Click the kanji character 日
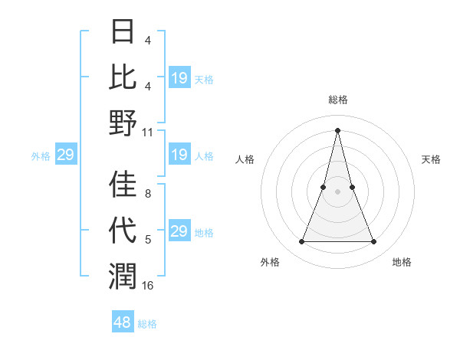(x=123, y=31)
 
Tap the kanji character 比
(x=123, y=77)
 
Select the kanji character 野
(x=123, y=123)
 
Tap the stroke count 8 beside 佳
(x=147, y=194)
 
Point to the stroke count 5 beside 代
(x=147, y=240)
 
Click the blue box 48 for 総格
(x=122, y=322)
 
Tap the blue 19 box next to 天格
(x=179, y=77)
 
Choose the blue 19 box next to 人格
(x=179, y=155)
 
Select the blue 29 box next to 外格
(x=65, y=155)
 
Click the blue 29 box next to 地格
(x=179, y=231)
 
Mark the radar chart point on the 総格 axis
(x=337, y=129)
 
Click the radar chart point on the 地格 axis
(x=374, y=242)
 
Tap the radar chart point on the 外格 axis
(x=301, y=242)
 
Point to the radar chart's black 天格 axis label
(x=432, y=159)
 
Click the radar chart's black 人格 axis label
(x=245, y=159)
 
